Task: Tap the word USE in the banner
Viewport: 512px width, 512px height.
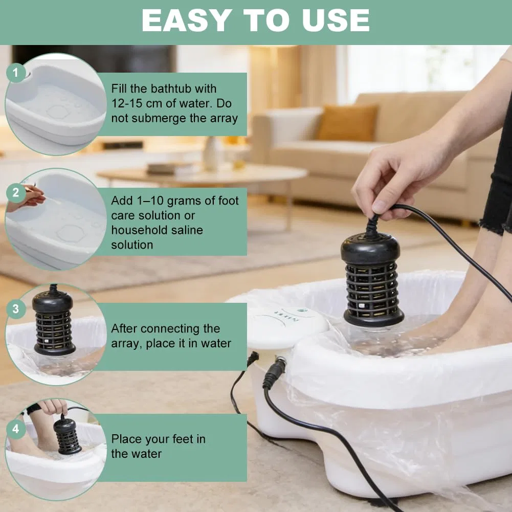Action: (x=336, y=20)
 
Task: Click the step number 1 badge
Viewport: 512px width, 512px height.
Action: (x=16, y=72)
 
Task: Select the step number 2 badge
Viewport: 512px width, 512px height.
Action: (x=16, y=193)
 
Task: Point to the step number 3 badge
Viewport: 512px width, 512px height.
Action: (x=16, y=309)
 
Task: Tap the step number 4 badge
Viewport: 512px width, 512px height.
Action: (x=16, y=429)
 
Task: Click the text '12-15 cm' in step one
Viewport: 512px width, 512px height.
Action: (x=137, y=103)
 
